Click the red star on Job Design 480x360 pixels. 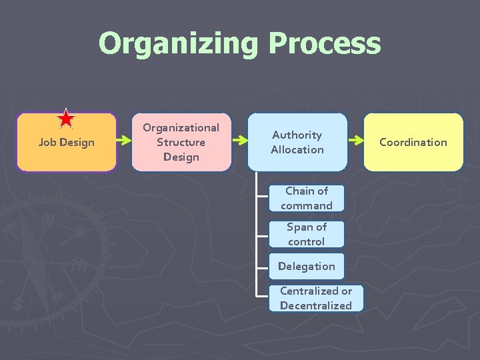pyautogui.click(x=66, y=119)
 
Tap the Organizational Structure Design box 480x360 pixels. pyautogui.click(x=181, y=142)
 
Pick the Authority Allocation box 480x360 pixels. pyautogui.click(x=297, y=142)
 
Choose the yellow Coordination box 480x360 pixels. pyautogui.click(x=413, y=142)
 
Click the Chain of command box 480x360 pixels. pyautogui.click(x=306, y=198)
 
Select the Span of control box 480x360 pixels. pyautogui.click(x=306, y=234)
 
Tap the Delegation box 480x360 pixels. pyautogui.click(x=306, y=266)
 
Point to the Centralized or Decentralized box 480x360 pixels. pyautogui.click(x=315, y=298)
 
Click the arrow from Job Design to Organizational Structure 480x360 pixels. pyautogui.click(x=124, y=141)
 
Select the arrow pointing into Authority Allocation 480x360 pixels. pyautogui.click(x=240, y=141)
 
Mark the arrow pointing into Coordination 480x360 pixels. pyautogui.click(x=355, y=141)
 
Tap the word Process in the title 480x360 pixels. pyautogui.click(x=325, y=44)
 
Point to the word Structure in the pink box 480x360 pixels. pyautogui.click(x=181, y=142)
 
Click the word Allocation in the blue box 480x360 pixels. pyautogui.click(x=297, y=149)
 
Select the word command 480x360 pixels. pyautogui.click(x=306, y=205)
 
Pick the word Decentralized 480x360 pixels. pyautogui.click(x=315, y=305)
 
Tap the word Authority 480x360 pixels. pyautogui.click(x=297, y=135)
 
